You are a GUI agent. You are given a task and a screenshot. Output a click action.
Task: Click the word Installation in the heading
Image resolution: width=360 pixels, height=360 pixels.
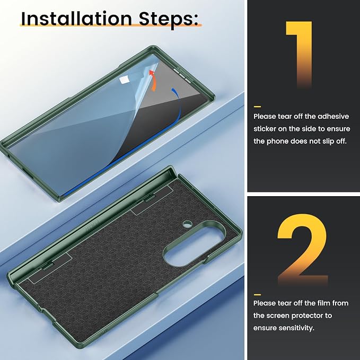coord(76,19)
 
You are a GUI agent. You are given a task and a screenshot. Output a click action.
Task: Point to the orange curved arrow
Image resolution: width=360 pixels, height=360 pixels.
coord(153,81)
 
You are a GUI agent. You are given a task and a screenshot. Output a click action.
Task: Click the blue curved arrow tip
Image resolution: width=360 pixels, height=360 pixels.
coord(173,89)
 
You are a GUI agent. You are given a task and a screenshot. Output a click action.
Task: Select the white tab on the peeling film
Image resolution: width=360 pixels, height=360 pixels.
coord(125,80)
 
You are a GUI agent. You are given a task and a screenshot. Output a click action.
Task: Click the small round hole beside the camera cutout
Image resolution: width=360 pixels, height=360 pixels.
coord(187,224)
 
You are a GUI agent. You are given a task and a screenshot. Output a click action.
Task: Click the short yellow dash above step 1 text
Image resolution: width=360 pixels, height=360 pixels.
coord(257,107)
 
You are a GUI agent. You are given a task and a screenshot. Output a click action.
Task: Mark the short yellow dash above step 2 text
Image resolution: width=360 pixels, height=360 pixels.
coord(257,295)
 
